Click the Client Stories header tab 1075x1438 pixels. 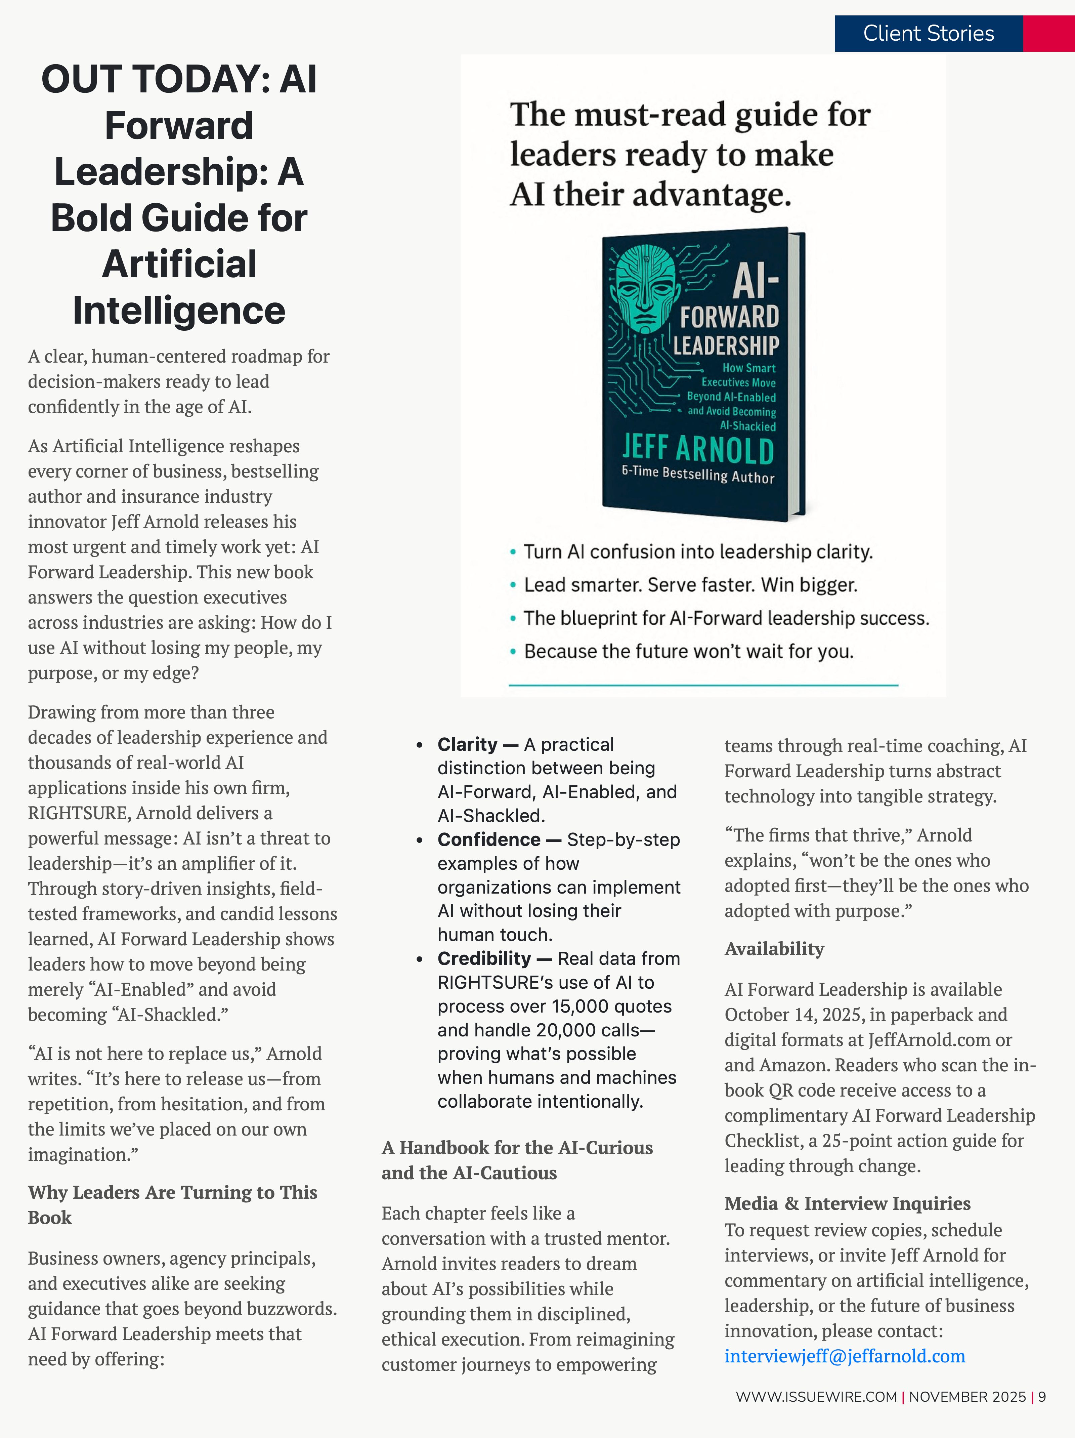(928, 33)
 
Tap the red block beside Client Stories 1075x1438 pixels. (1048, 33)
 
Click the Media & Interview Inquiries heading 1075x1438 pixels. (847, 1203)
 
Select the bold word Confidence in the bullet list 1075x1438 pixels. (489, 839)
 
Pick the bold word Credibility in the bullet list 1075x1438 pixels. (484, 958)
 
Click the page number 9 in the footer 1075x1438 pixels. (1042, 1396)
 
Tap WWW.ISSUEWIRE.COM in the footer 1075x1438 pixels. (816, 1396)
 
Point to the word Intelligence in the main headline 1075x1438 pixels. (179, 310)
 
